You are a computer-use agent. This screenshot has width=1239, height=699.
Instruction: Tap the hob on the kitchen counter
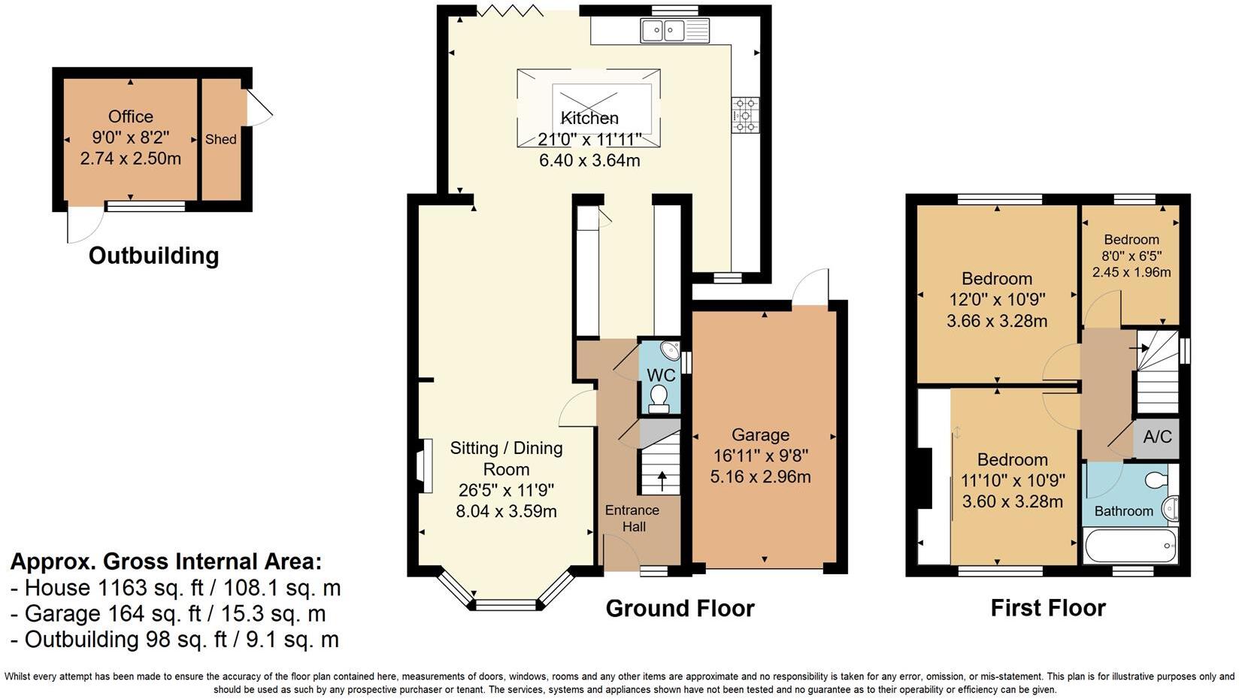coord(745,115)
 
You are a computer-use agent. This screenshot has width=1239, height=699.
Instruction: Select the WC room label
coord(661,375)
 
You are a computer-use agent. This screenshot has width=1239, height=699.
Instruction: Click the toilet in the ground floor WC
coord(659,398)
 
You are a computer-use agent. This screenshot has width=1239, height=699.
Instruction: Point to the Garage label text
coord(760,435)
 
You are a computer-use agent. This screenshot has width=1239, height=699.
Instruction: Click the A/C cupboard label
coord(1157,437)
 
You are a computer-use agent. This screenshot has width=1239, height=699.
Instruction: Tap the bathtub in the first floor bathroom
coord(1129,546)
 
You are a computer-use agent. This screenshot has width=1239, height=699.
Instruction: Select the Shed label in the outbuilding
coord(221,139)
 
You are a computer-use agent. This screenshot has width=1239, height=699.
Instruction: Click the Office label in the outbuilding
coord(131,116)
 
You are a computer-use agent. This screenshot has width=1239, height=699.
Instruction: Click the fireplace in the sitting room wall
coord(423,466)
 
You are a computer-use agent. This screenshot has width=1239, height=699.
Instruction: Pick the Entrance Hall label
coord(632,519)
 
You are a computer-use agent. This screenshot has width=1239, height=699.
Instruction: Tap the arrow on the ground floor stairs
coord(662,480)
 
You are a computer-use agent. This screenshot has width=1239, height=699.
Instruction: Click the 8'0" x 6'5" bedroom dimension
coord(1131,256)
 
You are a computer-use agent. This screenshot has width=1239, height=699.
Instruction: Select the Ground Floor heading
coord(680,608)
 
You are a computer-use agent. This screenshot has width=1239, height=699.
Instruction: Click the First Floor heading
coord(1048,608)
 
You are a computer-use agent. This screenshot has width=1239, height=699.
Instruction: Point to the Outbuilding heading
coord(153,256)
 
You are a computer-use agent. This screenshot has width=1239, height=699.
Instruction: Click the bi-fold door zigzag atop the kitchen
coord(510,10)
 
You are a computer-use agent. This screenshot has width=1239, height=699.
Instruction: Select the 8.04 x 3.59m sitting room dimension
coord(506,512)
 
